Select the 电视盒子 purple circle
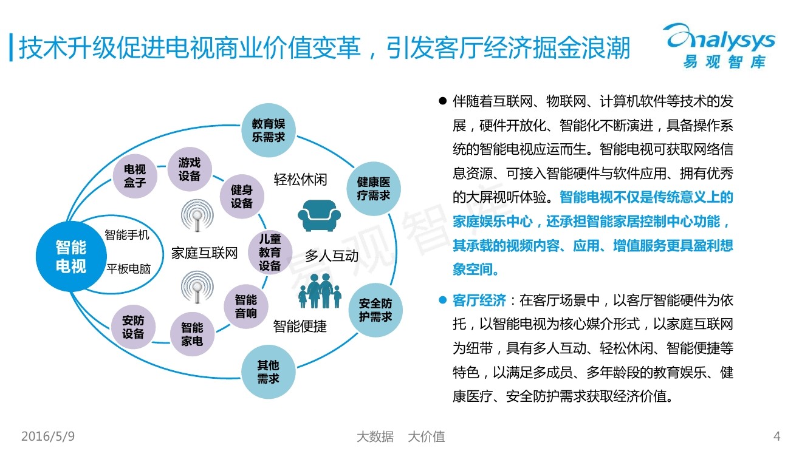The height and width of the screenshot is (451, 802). (x=134, y=175)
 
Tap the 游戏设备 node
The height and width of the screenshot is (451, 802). (x=189, y=169)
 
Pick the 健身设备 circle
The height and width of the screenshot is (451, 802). (x=241, y=197)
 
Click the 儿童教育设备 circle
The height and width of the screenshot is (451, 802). (x=270, y=252)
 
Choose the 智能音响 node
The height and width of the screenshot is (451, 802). (x=246, y=306)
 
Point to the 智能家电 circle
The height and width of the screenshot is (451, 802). (x=192, y=334)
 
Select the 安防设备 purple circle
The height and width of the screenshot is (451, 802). (x=133, y=327)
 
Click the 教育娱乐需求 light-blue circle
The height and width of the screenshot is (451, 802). (x=268, y=129)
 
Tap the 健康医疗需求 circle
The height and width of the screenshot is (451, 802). (x=373, y=189)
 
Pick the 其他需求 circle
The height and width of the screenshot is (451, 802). (x=268, y=371)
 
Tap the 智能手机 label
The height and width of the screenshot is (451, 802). (x=127, y=235)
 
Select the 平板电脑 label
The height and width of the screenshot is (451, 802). (x=129, y=269)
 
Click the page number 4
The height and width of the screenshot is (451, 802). (x=776, y=436)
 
